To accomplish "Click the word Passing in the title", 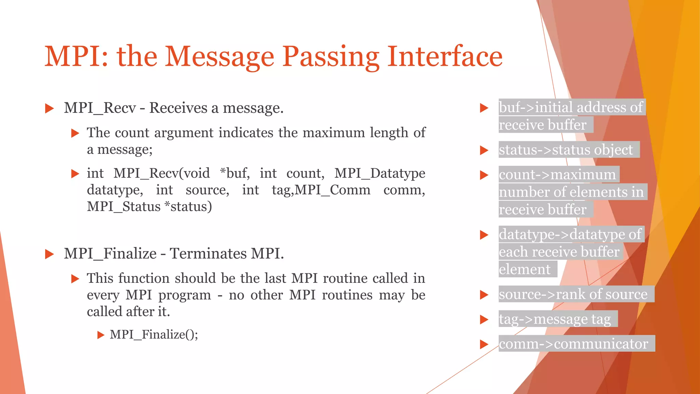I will coord(331,57).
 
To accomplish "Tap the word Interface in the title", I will coord(445,57).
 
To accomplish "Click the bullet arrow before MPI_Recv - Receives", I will coord(50,109).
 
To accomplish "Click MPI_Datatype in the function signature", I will coord(379,173).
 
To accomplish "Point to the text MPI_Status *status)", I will coord(149,207).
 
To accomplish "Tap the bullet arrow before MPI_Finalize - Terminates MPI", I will coord(50,254).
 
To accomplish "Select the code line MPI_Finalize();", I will coord(154,334).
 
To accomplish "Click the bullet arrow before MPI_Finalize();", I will coord(100,335).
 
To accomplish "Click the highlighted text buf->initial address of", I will coord(571,107).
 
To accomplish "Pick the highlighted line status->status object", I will coord(566,150).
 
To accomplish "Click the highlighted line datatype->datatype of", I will coord(570,235).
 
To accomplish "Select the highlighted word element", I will coord(525,270).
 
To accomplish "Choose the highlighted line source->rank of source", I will coord(573,294).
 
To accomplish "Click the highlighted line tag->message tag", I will coord(555,319).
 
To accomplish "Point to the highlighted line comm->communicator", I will coord(574,344).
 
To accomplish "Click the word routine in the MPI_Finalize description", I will coord(347,278).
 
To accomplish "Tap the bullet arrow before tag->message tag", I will coord(484,319).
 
